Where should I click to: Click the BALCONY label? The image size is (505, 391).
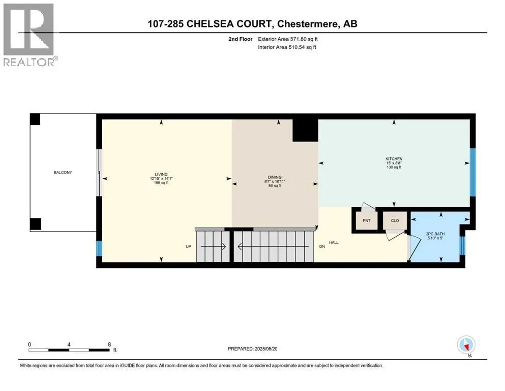pos(63,173)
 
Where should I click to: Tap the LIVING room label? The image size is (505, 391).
pos(162,174)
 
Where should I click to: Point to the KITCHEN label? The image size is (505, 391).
pos(394,159)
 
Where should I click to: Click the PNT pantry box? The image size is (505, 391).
pos(366,220)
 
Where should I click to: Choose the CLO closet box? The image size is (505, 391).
pos(395,220)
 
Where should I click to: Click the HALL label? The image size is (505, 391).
pos(334,242)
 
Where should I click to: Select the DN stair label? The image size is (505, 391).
pos(321,246)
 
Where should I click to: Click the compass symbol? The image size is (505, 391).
pos(466,345)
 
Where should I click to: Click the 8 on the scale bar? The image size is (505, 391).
pos(110,344)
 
